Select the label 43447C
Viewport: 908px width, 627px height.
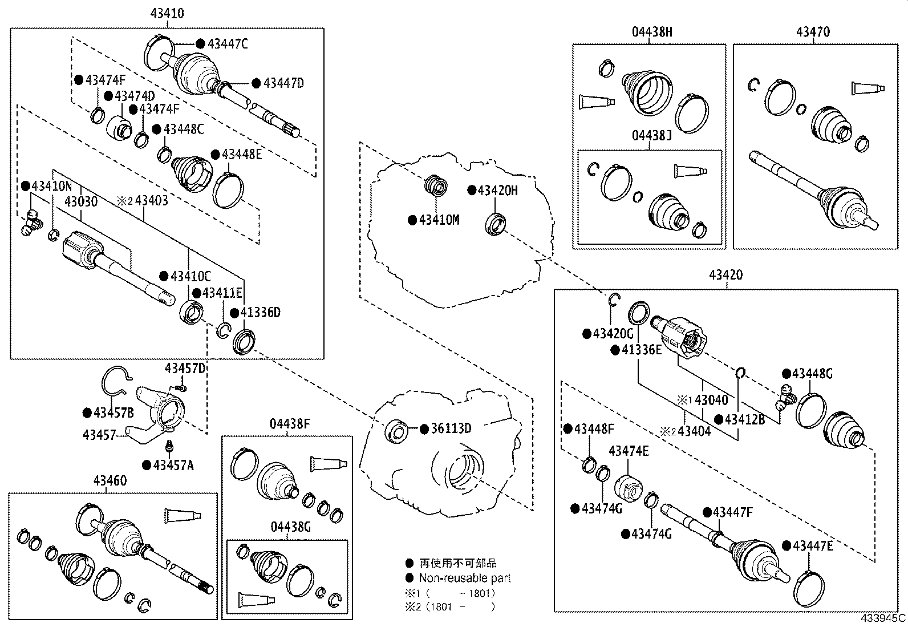pyautogui.click(x=227, y=44)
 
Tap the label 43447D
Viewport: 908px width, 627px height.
pyautogui.click(x=283, y=83)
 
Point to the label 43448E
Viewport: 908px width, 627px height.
pyautogui.click(x=241, y=155)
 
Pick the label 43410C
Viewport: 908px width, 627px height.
pyautogui.click(x=190, y=277)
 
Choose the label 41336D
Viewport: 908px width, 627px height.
pyautogui.click(x=260, y=313)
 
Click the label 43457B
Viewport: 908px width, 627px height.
pyautogui.click(x=113, y=412)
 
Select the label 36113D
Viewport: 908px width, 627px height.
pyautogui.click(x=451, y=428)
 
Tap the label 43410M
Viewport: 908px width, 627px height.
pyautogui.click(x=439, y=220)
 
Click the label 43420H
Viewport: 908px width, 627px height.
pyautogui.click(x=497, y=191)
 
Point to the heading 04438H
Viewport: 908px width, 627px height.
pyautogui.click(x=651, y=32)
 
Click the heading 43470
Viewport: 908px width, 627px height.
pyautogui.click(x=813, y=32)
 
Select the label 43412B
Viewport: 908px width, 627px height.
pyautogui.click(x=744, y=419)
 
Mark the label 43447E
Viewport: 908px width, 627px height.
pyautogui.click(x=812, y=546)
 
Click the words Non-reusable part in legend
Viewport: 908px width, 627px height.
pyautogui.click(x=464, y=578)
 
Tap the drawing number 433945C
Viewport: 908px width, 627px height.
pyautogui.click(x=883, y=618)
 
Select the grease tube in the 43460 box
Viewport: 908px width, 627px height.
pyautogui.click(x=183, y=516)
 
